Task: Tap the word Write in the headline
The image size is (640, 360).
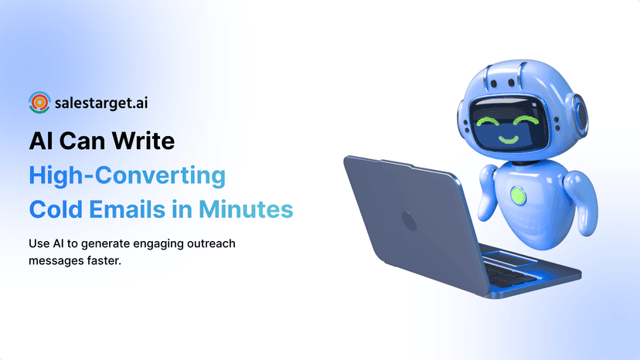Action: [x=145, y=142]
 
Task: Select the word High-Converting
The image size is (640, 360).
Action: [x=128, y=175]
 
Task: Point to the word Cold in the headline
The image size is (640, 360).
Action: [x=55, y=209]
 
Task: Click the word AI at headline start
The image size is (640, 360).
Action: [x=42, y=142]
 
